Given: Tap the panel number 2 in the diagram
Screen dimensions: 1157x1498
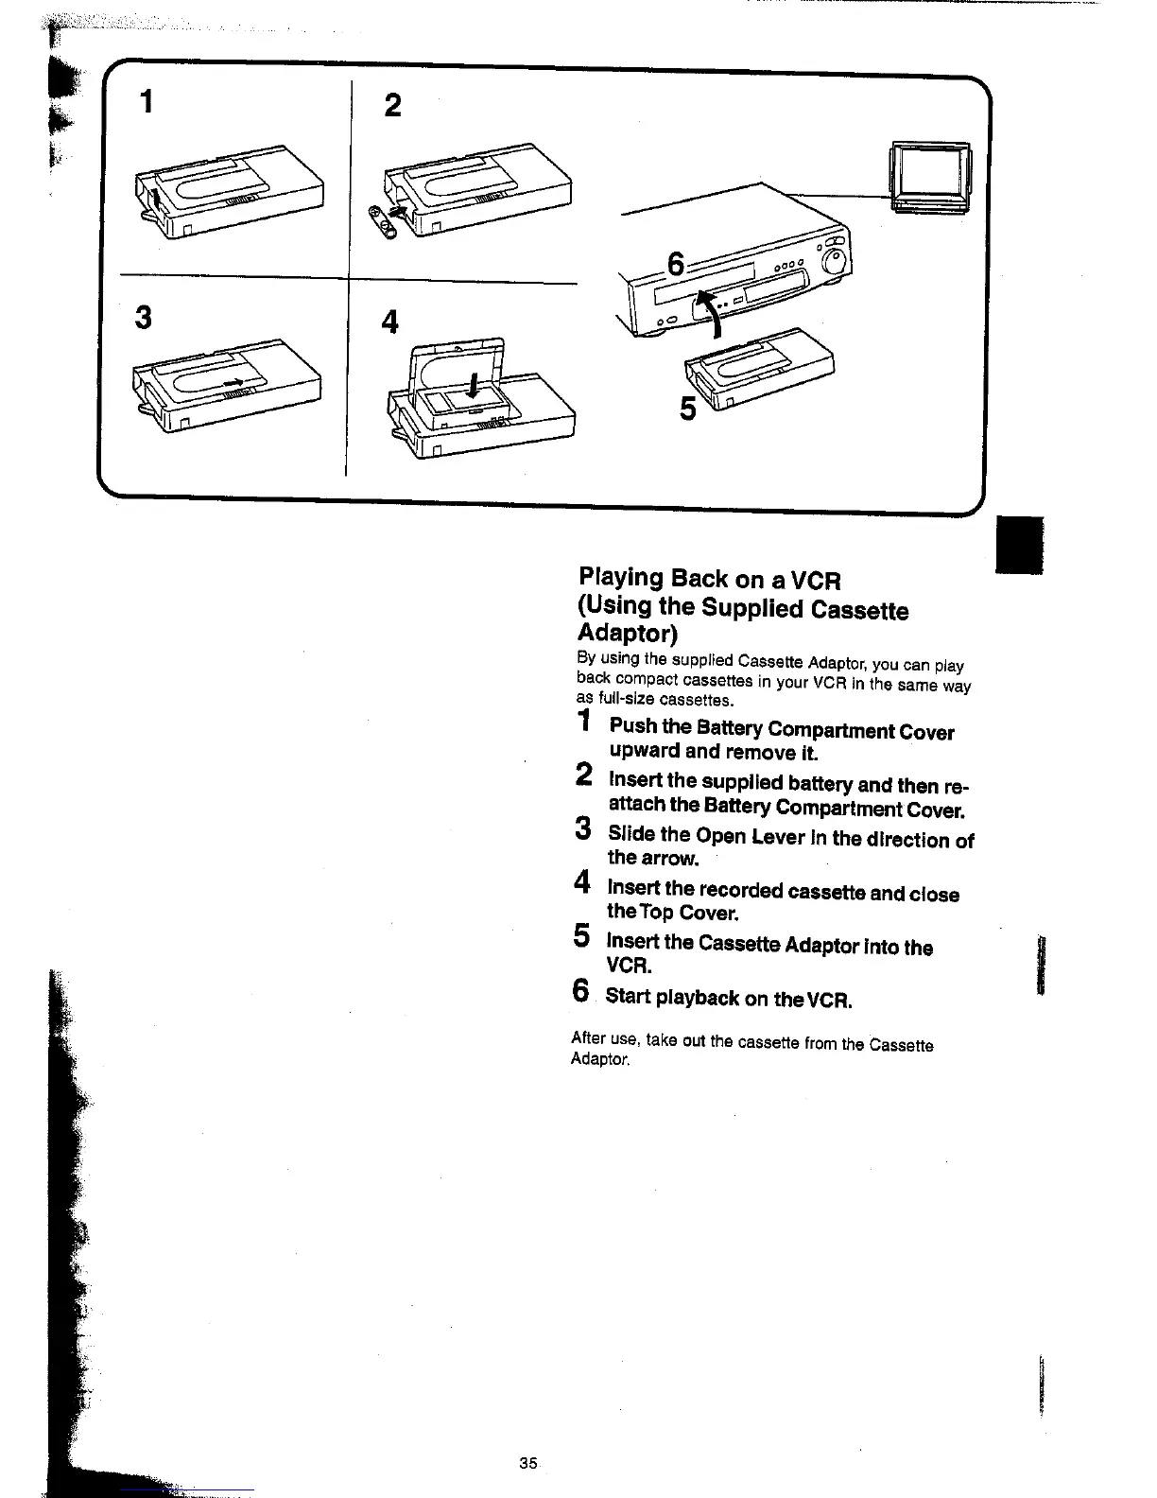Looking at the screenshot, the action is [x=392, y=105].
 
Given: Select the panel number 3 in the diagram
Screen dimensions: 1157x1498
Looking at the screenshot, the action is [x=143, y=317].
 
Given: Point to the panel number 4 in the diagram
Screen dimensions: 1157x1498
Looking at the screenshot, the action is [x=389, y=322].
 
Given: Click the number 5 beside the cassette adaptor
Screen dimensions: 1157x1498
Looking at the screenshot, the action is [x=688, y=409].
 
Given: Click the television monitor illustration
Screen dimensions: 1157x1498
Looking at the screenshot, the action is [x=930, y=178].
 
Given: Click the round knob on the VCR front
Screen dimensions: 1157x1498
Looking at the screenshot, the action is [x=835, y=260].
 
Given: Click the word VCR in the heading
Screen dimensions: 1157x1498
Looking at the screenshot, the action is [x=815, y=580].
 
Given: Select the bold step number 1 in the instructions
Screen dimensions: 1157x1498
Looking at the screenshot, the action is [x=585, y=723].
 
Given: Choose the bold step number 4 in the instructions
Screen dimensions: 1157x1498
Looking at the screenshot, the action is [x=583, y=883].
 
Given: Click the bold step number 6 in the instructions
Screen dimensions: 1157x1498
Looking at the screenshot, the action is [x=582, y=991].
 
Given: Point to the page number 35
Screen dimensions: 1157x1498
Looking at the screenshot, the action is [x=527, y=1462].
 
